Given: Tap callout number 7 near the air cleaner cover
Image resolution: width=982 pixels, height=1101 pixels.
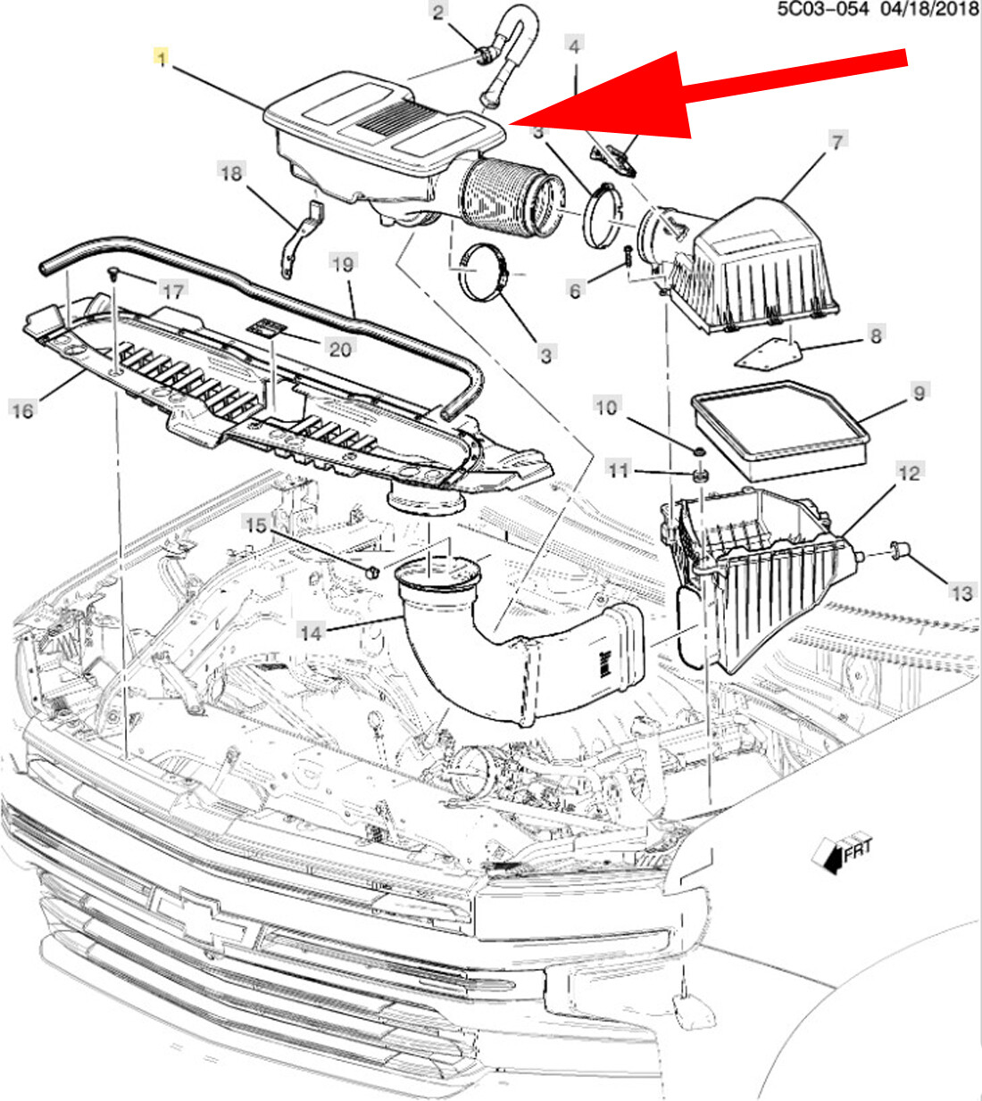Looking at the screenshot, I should pyautogui.click(x=836, y=142).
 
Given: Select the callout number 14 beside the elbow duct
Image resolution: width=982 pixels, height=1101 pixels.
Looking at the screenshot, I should pyautogui.click(x=310, y=633).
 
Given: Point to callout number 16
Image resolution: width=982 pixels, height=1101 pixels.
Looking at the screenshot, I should pyautogui.click(x=22, y=410).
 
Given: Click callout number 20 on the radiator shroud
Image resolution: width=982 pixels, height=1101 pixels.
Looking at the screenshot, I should pyautogui.click(x=340, y=348).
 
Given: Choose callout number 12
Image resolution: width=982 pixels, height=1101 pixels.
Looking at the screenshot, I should pyautogui.click(x=909, y=473).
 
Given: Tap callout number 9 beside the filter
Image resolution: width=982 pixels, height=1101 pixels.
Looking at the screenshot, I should pyautogui.click(x=919, y=392).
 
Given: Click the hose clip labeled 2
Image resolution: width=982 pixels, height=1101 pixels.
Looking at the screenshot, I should pyautogui.click(x=484, y=57).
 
